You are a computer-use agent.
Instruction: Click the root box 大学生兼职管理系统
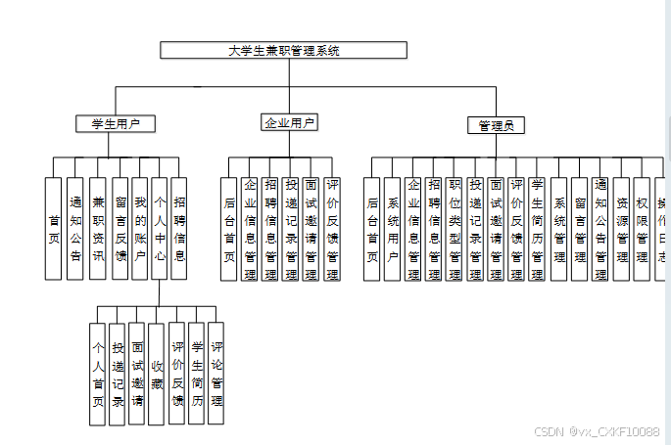[283, 50]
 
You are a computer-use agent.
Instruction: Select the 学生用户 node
[117, 123]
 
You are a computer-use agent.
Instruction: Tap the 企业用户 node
[289, 122]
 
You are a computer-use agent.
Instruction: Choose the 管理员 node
[496, 125]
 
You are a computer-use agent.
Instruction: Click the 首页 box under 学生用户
[54, 229]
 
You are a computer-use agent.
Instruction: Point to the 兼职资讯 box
[97, 229]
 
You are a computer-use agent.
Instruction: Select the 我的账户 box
[140, 229]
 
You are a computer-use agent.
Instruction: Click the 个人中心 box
[161, 229]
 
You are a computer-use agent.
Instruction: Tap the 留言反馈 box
[120, 229]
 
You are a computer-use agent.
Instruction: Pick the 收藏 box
[156, 375]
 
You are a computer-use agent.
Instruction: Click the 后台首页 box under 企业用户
[229, 229]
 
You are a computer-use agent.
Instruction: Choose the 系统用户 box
[393, 229]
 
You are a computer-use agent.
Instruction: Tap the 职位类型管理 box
[455, 229]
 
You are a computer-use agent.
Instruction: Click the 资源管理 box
[621, 229]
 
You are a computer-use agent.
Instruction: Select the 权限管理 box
[642, 229]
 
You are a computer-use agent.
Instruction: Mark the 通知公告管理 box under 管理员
[600, 229]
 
